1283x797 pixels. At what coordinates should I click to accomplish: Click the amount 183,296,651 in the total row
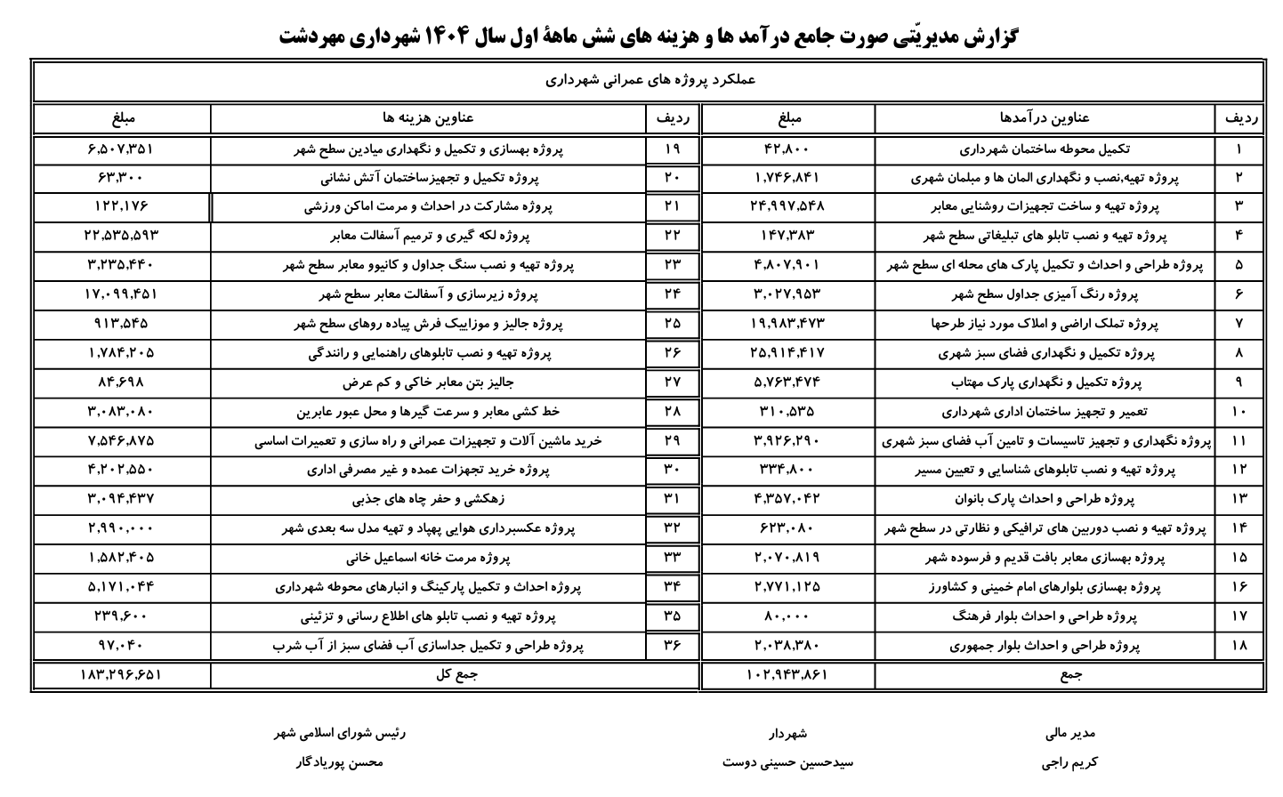click(121, 675)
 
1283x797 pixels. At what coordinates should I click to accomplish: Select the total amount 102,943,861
click(787, 675)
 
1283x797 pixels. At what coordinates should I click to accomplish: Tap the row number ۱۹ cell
click(673, 149)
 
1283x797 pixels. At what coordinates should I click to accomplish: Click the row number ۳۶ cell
click(673, 646)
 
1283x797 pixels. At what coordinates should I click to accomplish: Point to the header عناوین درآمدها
click(1045, 117)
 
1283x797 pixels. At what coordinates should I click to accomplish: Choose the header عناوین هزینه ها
click(428, 117)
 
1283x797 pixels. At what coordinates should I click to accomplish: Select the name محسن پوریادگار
click(338, 762)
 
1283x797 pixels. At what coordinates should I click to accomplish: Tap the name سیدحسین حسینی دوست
click(787, 762)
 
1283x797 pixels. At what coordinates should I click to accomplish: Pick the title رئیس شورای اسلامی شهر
click(339, 734)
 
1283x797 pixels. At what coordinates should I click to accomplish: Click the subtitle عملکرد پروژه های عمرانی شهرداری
click(649, 80)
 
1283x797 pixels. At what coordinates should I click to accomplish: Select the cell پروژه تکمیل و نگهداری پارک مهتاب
click(1045, 382)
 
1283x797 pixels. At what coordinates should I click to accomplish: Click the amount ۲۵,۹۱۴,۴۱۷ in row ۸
click(787, 353)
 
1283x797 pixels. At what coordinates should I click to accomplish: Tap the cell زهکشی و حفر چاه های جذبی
click(428, 499)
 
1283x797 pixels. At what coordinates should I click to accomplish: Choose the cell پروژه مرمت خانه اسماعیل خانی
click(428, 558)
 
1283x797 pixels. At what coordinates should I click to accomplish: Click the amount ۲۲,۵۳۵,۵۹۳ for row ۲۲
click(121, 236)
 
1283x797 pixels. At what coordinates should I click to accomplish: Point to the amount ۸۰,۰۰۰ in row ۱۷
click(787, 616)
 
